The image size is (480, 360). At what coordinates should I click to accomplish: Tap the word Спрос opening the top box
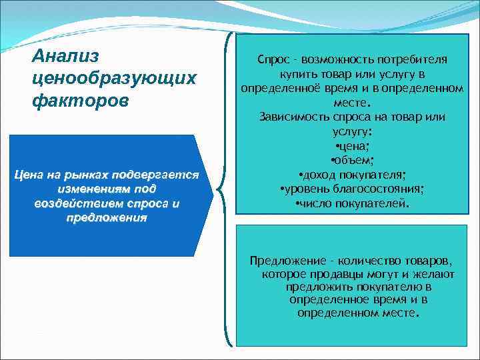pos(272,60)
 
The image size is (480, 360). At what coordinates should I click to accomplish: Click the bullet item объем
pos(352,161)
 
